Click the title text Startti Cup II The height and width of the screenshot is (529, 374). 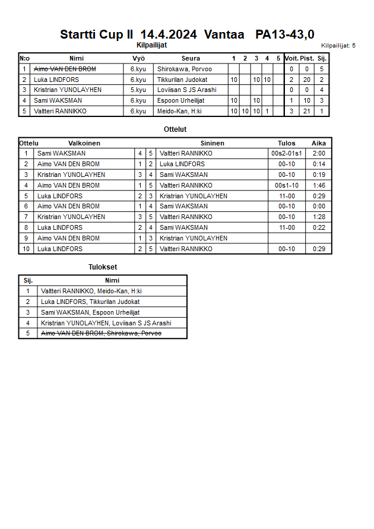pos(96,35)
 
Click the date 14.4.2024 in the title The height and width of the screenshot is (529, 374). pos(168,35)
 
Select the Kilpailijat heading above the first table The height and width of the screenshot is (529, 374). pos(151,45)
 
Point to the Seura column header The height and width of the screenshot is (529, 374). pos(191,58)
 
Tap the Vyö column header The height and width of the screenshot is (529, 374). pos(138,58)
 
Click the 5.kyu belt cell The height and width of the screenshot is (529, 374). pos(138,90)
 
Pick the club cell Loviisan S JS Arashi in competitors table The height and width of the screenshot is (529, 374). pos(186,90)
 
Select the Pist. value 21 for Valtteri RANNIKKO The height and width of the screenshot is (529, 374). pos(307,111)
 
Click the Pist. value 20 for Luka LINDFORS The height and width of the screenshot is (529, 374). pos(307,80)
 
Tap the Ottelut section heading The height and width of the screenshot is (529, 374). pos(175,129)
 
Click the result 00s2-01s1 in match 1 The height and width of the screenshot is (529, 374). pos(287,153)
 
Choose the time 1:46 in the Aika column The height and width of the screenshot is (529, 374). pos(319,185)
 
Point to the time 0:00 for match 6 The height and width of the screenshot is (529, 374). pos(319,206)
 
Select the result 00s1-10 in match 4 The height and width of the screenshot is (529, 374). pos(287,185)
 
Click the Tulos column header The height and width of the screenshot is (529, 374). pos(287,143)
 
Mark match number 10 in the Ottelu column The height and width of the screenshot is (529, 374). pos(26,249)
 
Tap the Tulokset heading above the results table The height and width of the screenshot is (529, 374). pos(103,267)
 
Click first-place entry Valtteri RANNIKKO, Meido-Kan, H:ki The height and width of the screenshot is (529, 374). pos(91,291)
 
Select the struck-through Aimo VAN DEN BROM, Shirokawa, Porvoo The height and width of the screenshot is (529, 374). pos(101,334)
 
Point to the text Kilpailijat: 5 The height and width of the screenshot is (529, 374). pos(338,46)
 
